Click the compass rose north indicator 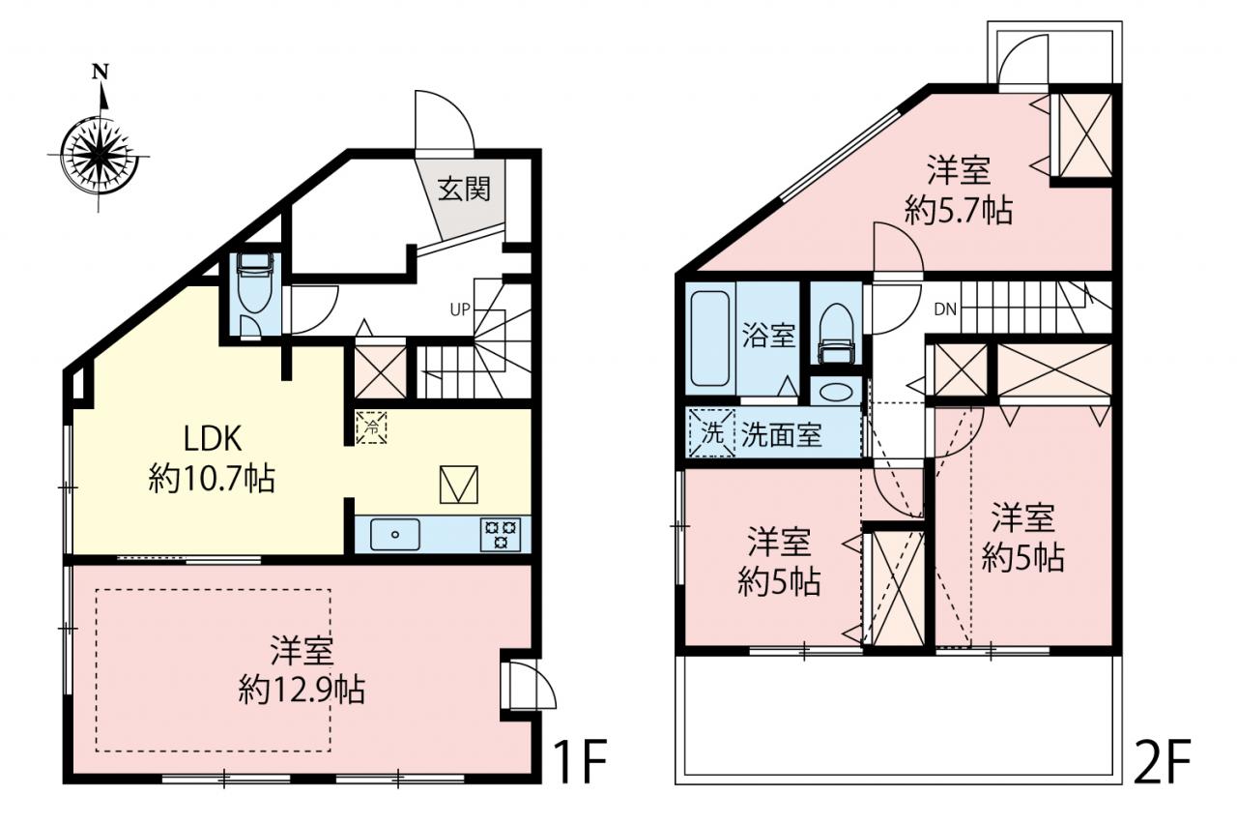click(x=100, y=72)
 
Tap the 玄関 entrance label click(x=464, y=190)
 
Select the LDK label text click(x=213, y=439)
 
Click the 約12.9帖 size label click(x=302, y=690)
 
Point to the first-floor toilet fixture click(x=254, y=281)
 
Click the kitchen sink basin click(x=395, y=534)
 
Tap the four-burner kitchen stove click(x=501, y=534)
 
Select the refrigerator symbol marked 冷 click(x=371, y=427)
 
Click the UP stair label click(x=460, y=310)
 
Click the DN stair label click(x=945, y=309)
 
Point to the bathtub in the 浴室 click(x=710, y=339)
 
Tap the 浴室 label click(x=768, y=336)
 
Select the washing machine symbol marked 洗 click(x=712, y=433)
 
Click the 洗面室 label click(x=782, y=435)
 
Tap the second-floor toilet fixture click(x=837, y=334)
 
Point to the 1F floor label click(x=580, y=761)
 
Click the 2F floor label click(x=1162, y=761)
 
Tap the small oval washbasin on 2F click(x=836, y=392)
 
